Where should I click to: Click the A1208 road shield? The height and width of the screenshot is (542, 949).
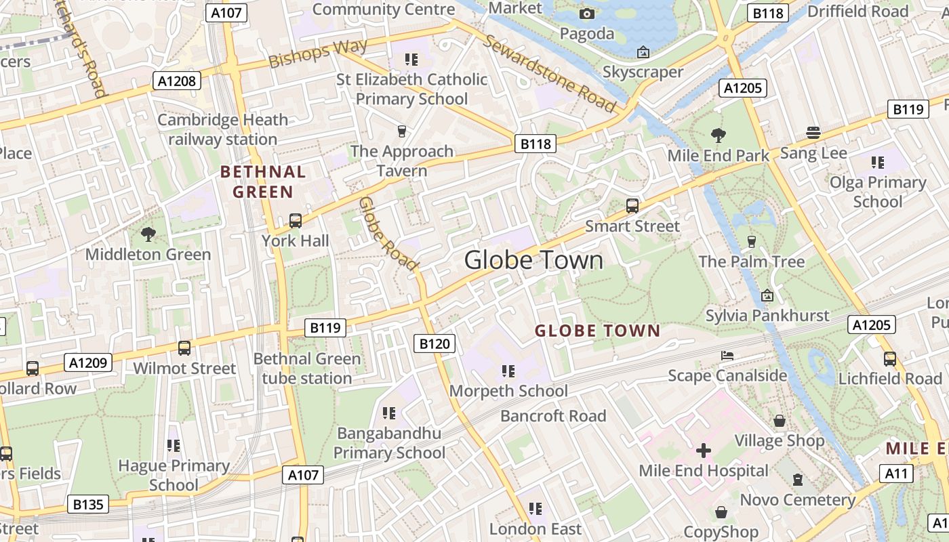[178, 81]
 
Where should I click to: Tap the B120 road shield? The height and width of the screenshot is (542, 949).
[434, 343]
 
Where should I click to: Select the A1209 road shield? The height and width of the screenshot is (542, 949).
[89, 362]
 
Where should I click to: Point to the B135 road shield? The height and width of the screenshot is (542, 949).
[88, 504]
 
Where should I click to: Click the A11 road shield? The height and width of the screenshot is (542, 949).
[896, 474]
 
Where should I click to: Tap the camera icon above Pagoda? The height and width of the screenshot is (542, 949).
[587, 14]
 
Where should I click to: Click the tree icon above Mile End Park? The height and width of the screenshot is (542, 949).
[718, 135]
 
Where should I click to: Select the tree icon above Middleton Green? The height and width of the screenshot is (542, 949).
[148, 234]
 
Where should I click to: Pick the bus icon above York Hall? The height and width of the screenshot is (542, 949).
[295, 220]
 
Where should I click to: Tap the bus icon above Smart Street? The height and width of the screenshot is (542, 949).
[632, 206]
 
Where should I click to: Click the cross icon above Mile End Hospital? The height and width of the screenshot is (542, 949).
[704, 450]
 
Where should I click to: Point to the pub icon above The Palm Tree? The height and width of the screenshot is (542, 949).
[751, 242]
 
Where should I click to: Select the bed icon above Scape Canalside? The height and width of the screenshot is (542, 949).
[727, 356]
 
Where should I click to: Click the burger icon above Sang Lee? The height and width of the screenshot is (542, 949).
[813, 133]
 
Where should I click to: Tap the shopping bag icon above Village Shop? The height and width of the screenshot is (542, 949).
[780, 421]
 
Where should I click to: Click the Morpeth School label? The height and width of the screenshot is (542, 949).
[508, 391]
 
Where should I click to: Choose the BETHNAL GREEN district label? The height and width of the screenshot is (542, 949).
[263, 182]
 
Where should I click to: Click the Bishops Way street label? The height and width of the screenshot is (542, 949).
[318, 54]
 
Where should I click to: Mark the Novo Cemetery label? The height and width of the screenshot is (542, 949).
[798, 500]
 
